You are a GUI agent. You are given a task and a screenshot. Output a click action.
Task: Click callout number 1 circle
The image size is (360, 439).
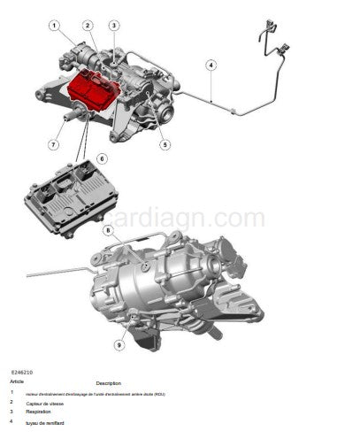[55, 26]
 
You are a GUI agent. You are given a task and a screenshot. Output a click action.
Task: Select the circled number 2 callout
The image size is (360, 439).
[88, 26]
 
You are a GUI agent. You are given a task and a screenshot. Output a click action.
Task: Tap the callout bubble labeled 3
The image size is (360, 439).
[114, 26]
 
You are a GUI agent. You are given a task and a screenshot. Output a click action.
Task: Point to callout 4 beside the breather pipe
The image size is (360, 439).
[211, 65]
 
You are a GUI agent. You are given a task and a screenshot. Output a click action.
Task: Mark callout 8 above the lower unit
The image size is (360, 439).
[109, 231]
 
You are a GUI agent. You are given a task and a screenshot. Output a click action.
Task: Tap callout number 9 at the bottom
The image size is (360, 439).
[118, 344]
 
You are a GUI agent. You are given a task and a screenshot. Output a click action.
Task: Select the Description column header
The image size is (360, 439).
[108, 383]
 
